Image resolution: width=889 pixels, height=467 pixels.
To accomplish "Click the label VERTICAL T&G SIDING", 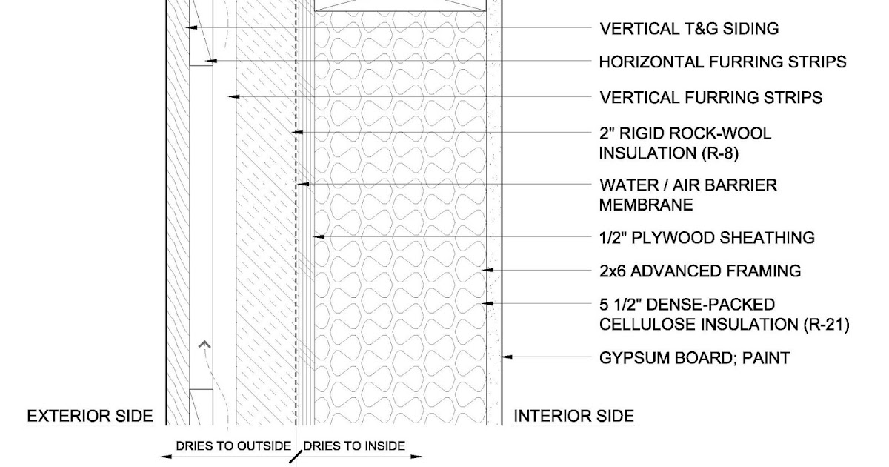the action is click(x=688, y=29).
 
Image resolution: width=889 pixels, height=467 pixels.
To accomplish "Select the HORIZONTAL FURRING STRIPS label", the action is click(x=722, y=62).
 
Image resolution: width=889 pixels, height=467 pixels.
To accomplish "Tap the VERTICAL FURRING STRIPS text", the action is click(x=710, y=97).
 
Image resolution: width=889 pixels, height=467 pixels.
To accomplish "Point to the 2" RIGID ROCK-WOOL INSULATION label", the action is click(x=685, y=143).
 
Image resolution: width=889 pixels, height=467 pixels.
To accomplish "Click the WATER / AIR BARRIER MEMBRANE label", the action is click(x=687, y=194).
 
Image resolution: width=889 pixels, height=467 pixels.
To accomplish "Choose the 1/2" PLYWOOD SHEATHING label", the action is click(x=706, y=238).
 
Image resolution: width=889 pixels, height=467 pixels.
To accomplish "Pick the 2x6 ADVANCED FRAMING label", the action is click(x=699, y=271).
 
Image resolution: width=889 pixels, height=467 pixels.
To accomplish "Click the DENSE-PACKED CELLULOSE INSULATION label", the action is click(x=723, y=314).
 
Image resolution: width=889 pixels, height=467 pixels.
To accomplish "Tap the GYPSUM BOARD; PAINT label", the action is click(x=694, y=359).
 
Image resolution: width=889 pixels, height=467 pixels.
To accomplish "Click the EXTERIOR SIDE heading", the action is click(x=90, y=417).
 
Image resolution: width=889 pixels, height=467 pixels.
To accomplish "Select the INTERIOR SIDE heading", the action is click(x=574, y=417).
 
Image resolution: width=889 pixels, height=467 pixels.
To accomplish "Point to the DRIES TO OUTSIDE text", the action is click(x=233, y=446).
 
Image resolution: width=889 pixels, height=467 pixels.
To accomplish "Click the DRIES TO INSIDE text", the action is click(x=354, y=446).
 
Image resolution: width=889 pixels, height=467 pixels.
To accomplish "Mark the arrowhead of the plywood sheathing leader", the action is click(x=318, y=237).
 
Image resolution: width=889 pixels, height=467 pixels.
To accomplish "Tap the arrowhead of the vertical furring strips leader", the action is click(x=233, y=96).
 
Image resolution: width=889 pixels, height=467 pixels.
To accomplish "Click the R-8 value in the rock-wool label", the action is click(x=719, y=154).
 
